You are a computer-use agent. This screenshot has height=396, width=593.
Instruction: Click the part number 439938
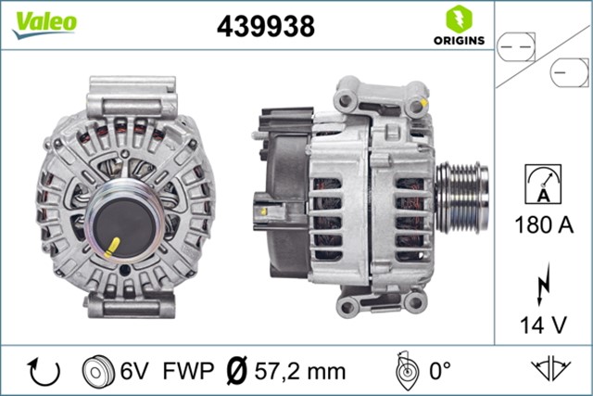pyautogui.click(x=265, y=27)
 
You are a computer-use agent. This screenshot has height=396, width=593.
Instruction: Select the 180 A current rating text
pyautogui.click(x=543, y=224)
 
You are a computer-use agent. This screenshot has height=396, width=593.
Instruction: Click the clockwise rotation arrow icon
pyautogui.click(x=44, y=371)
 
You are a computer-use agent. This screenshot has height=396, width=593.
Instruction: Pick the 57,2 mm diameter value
pyautogui.click(x=301, y=372)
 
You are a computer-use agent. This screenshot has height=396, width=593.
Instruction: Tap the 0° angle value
pyautogui.click(x=438, y=372)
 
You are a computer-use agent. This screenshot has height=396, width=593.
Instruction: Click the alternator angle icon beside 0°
pyautogui.click(x=403, y=371)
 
